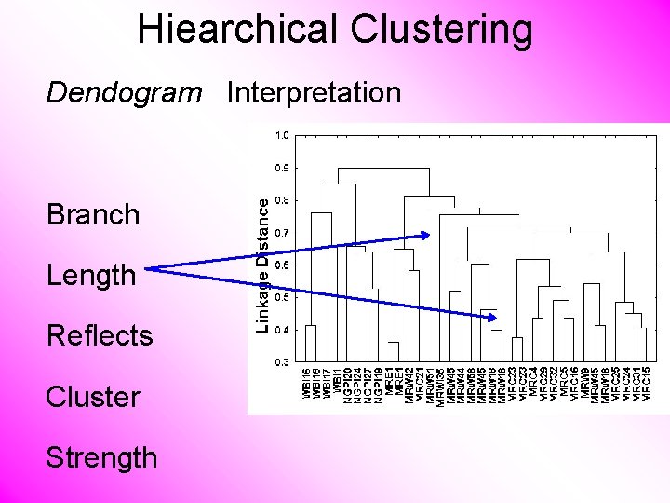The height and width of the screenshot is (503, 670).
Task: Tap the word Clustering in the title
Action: (442, 29)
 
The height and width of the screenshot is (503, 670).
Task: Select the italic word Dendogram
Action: (124, 93)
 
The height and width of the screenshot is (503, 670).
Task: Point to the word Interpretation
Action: (314, 93)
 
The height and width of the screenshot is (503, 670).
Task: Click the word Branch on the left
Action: (93, 214)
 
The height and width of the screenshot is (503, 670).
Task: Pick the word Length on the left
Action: (91, 275)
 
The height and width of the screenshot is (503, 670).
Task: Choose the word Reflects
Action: (100, 335)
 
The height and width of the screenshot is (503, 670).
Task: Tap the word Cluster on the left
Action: (93, 396)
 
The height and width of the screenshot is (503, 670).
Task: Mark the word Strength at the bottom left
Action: (101, 457)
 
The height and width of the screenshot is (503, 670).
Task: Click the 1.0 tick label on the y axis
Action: (281, 135)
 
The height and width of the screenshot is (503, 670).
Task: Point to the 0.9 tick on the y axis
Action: (281, 168)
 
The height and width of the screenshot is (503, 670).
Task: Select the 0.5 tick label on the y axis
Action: (281, 297)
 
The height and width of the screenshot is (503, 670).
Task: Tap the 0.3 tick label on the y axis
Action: (281, 361)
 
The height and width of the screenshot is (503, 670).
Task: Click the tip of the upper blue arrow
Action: (430, 235)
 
